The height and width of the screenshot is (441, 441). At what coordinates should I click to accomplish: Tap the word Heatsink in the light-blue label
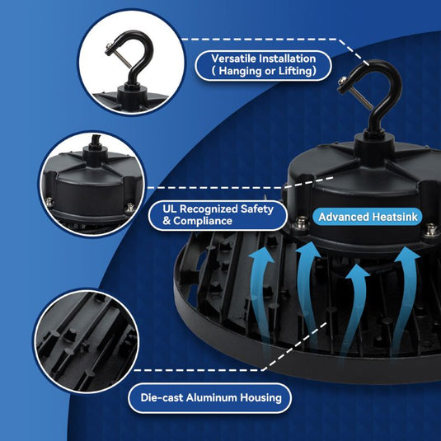click(x=396, y=217)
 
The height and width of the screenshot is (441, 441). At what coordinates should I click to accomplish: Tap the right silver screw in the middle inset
click(x=129, y=209)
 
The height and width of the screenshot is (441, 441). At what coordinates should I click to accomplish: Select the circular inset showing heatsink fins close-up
click(x=85, y=341)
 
